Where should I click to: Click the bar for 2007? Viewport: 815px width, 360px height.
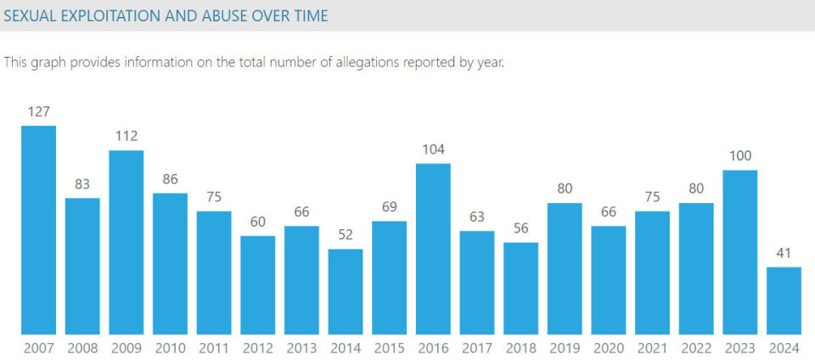38,230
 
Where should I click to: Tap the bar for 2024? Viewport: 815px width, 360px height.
784,301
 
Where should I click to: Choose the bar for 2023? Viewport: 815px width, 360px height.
739,252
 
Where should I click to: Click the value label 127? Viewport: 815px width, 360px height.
38,111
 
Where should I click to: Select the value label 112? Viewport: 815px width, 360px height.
126,136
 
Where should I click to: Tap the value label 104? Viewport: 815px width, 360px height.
433,149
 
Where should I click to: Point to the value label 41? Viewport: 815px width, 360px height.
784,252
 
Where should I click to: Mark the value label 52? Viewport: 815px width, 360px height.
346,234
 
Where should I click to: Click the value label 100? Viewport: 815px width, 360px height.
739,156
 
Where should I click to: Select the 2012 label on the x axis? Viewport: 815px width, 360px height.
257,348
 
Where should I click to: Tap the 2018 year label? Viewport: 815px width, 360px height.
520,348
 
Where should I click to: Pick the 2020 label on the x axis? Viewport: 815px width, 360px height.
608,348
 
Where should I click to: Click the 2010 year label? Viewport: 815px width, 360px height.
170,348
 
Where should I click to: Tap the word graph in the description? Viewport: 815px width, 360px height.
48,63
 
